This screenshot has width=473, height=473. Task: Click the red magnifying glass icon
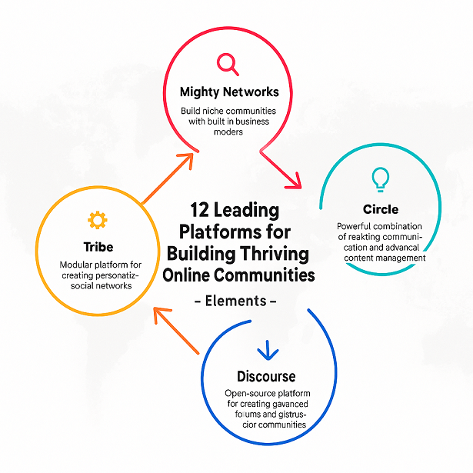227,62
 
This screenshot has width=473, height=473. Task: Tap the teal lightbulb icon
380,179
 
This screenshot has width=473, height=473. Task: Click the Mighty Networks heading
229,92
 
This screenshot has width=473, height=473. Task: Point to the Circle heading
381,209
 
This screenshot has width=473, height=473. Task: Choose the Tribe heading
98,247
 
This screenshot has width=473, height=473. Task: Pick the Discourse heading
266,376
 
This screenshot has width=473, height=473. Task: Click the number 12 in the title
199,210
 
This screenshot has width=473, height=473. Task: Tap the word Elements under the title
235,301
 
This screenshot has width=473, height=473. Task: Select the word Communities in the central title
269,275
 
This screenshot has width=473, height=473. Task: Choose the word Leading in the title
247,210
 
